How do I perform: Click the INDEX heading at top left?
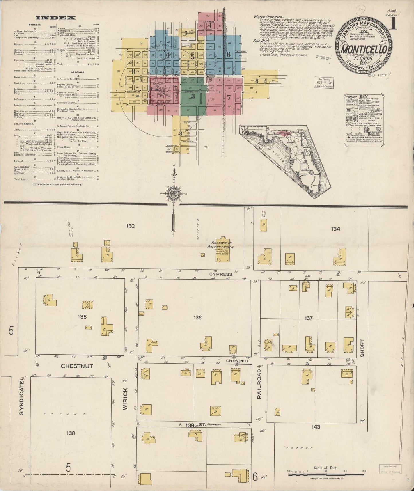(57, 18)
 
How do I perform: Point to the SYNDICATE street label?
(21, 397)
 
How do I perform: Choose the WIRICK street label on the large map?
(125, 399)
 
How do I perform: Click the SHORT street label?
(362, 348)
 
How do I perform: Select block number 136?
(198, 317)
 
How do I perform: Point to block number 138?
(71, 433)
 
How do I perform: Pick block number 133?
(131, 226)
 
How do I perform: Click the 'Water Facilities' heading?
(265, 17)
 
